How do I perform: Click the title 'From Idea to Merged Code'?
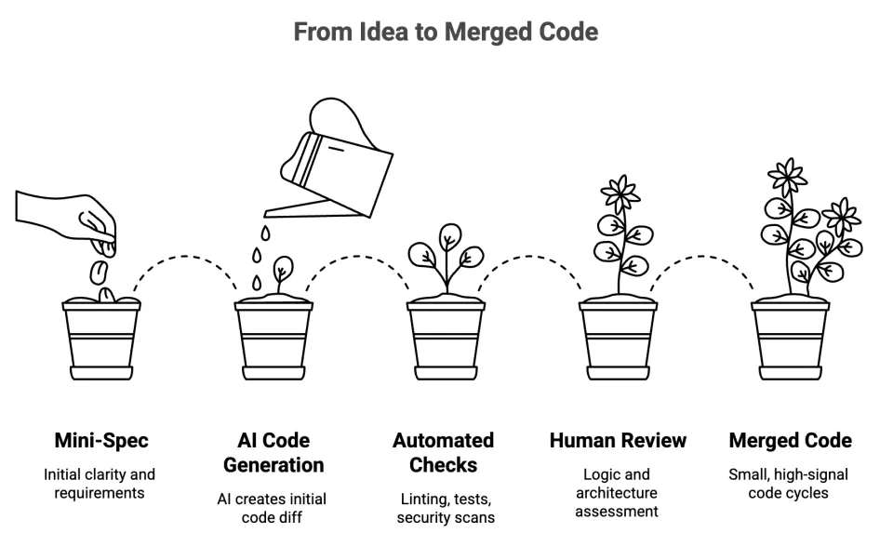(x=446, y=33)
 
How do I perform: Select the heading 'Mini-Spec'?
(x=100, y=440)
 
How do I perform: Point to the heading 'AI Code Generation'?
(x=273, y=452)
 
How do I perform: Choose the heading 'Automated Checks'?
(x=444, y=452)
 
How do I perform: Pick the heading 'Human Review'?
(x=617, y=440)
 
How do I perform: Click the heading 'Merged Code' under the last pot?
(x=790, y=440)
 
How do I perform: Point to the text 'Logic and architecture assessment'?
(x=617, y=493)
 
